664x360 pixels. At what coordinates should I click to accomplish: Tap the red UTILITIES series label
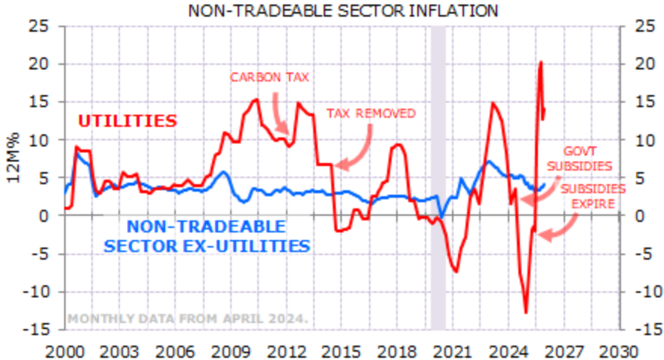tap(128, 121)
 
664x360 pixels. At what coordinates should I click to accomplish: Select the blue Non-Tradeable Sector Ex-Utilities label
tap(207, 236)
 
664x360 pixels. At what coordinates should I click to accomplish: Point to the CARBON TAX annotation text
tap(269, 77)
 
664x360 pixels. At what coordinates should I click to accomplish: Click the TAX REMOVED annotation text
tap(370, 113)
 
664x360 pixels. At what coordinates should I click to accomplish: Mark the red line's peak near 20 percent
tap(541, 63)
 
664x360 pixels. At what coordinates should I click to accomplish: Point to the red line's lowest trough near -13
tap(526, 312)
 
